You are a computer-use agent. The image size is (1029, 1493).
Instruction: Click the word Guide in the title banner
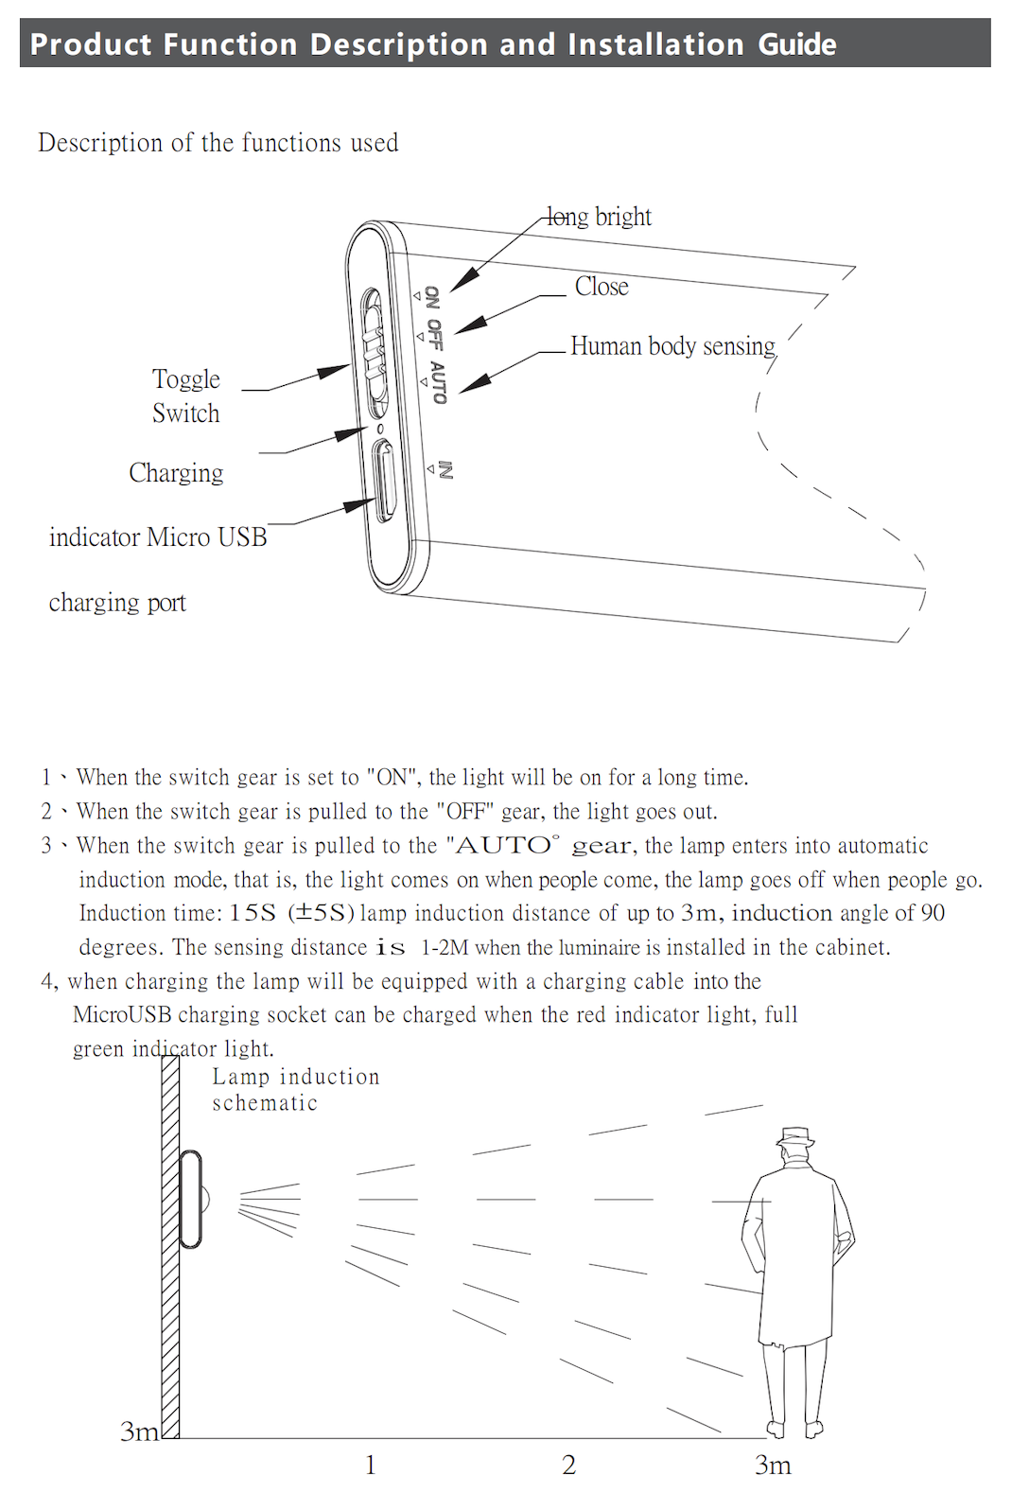pos(796,44)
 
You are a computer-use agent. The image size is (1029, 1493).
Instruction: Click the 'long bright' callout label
pos(600,217)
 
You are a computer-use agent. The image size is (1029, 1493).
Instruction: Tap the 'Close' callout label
pos(602,287)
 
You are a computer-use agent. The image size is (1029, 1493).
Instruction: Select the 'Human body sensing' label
pos(672,346)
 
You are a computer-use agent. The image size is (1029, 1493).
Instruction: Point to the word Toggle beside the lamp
pos(186,379)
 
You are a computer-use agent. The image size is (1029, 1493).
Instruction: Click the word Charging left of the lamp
pos(176,472)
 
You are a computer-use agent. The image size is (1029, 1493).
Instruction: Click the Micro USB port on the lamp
pos(383,481)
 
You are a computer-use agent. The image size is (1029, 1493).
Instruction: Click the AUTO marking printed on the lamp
pos(437,381)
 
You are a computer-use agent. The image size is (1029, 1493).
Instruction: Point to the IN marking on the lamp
pos(445,470)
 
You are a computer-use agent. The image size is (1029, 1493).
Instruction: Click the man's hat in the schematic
pos(795,1137)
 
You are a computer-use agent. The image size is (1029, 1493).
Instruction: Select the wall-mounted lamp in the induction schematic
pos(191,1199)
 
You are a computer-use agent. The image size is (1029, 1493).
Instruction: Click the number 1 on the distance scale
pos(371,1465)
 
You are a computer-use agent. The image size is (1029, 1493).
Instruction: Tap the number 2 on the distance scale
pos(568,1465)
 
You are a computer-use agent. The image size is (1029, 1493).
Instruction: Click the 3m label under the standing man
pos(773,1465)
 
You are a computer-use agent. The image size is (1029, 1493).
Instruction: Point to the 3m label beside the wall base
pos(139,1432)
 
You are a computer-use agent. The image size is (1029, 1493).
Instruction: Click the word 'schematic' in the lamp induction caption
pos(265,1103)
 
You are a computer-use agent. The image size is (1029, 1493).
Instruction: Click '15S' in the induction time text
pos(253,913)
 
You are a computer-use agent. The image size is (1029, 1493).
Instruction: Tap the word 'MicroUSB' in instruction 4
pos(122,1015)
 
